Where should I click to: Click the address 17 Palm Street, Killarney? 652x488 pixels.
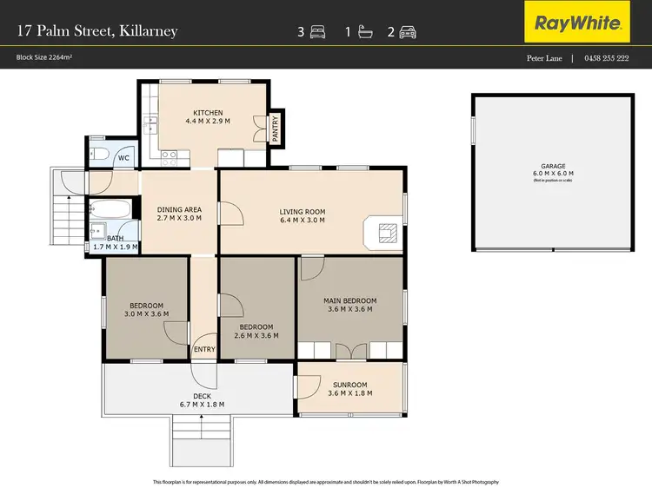96,31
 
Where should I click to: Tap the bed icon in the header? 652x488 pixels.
317,32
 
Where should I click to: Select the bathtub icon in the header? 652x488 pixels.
363,32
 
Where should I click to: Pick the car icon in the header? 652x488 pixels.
408,32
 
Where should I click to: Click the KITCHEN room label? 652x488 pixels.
208,113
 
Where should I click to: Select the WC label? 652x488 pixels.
123,158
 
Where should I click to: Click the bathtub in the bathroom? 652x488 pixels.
110,209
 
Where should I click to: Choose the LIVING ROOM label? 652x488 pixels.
302,211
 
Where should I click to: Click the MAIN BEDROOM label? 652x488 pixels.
349,300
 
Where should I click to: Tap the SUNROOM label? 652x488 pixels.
349,384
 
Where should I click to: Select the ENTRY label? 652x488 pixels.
204,349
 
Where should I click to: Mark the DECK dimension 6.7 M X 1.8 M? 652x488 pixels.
202,405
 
